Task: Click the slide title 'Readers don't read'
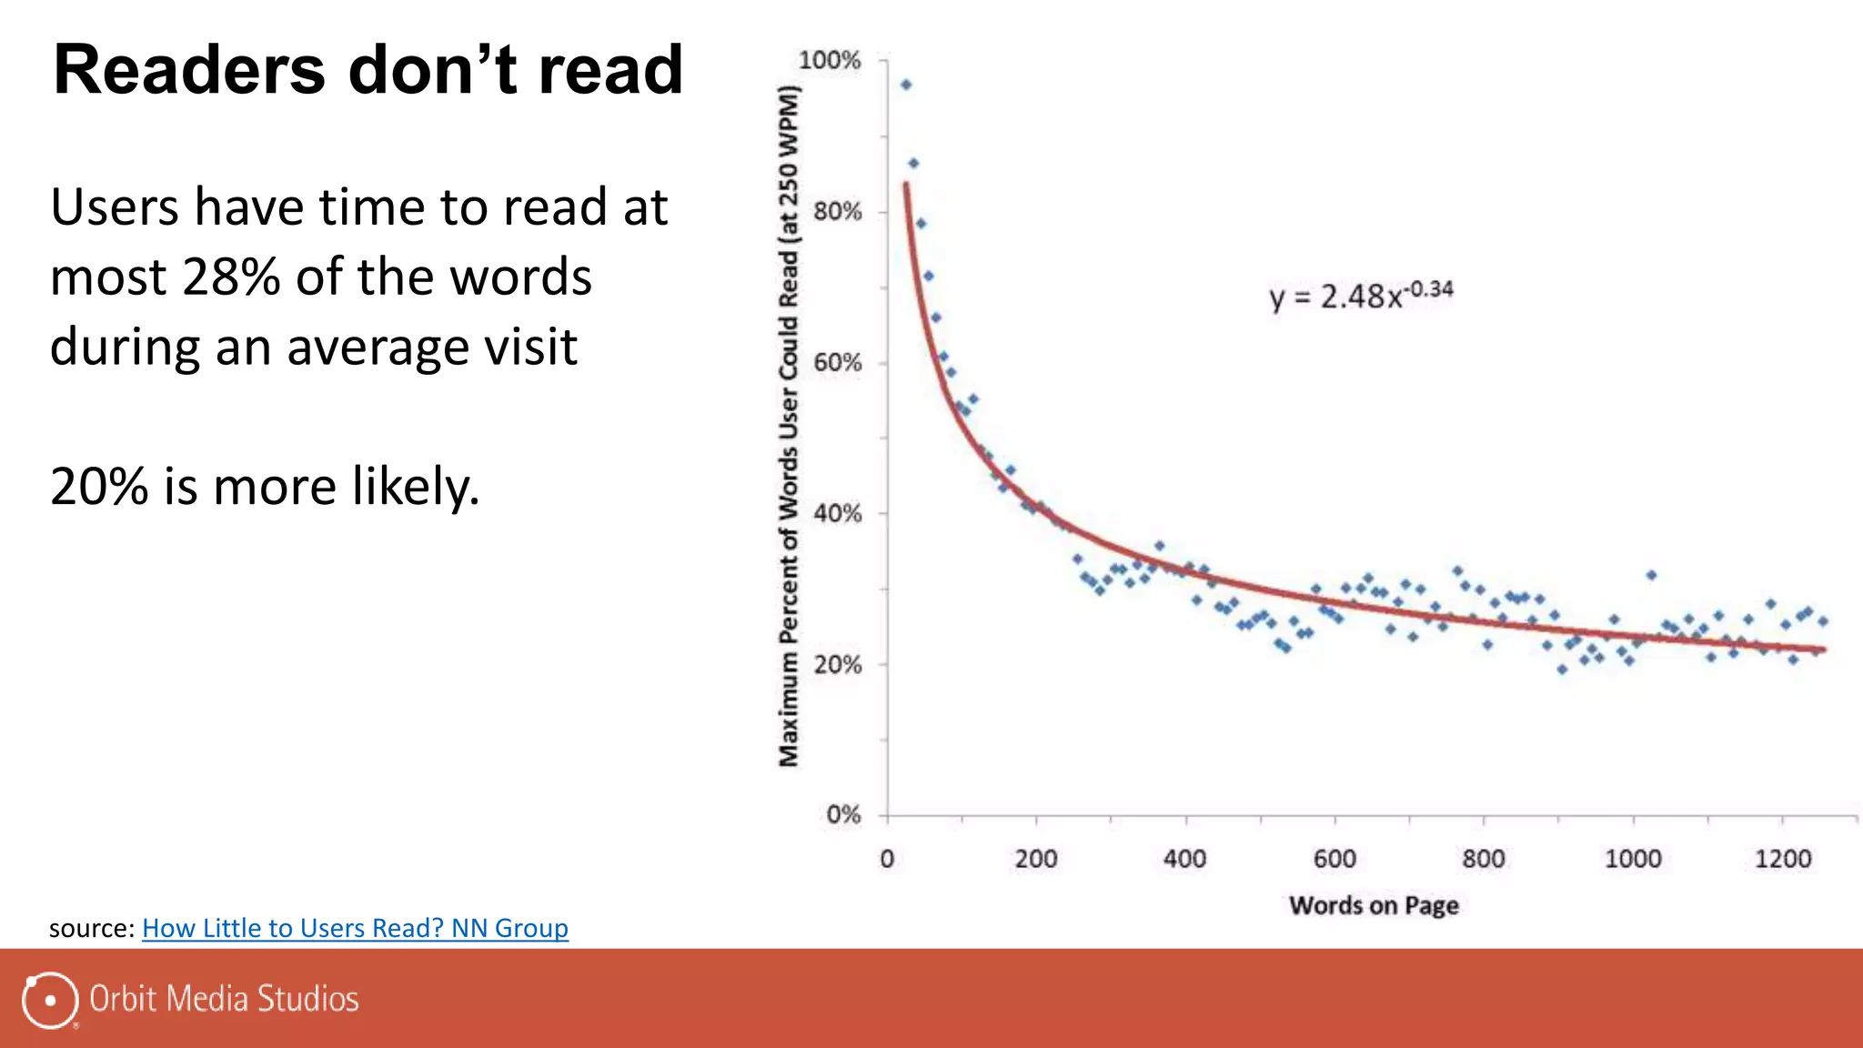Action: [368, 71]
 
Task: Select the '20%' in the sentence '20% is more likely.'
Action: [98, 487]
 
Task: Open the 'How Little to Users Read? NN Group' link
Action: [355, 928]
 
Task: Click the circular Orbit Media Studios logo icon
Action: [49, 1000]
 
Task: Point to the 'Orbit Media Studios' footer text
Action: [224, 999]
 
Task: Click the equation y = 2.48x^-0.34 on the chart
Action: [1361, 296]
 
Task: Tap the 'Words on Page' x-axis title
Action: [1374, 905]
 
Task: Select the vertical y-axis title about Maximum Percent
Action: [789, 426]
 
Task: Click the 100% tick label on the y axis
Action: [829, 61]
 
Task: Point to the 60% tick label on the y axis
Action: [837, 363]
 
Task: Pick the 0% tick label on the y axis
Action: [843, 814]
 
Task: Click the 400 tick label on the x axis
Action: [1184, 859]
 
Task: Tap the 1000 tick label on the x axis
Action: [1633, 859]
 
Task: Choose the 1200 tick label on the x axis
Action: [1783, 859]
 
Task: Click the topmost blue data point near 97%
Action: [906, 85]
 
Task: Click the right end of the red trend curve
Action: [1822, 650]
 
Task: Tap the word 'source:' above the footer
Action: [92, 928]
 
